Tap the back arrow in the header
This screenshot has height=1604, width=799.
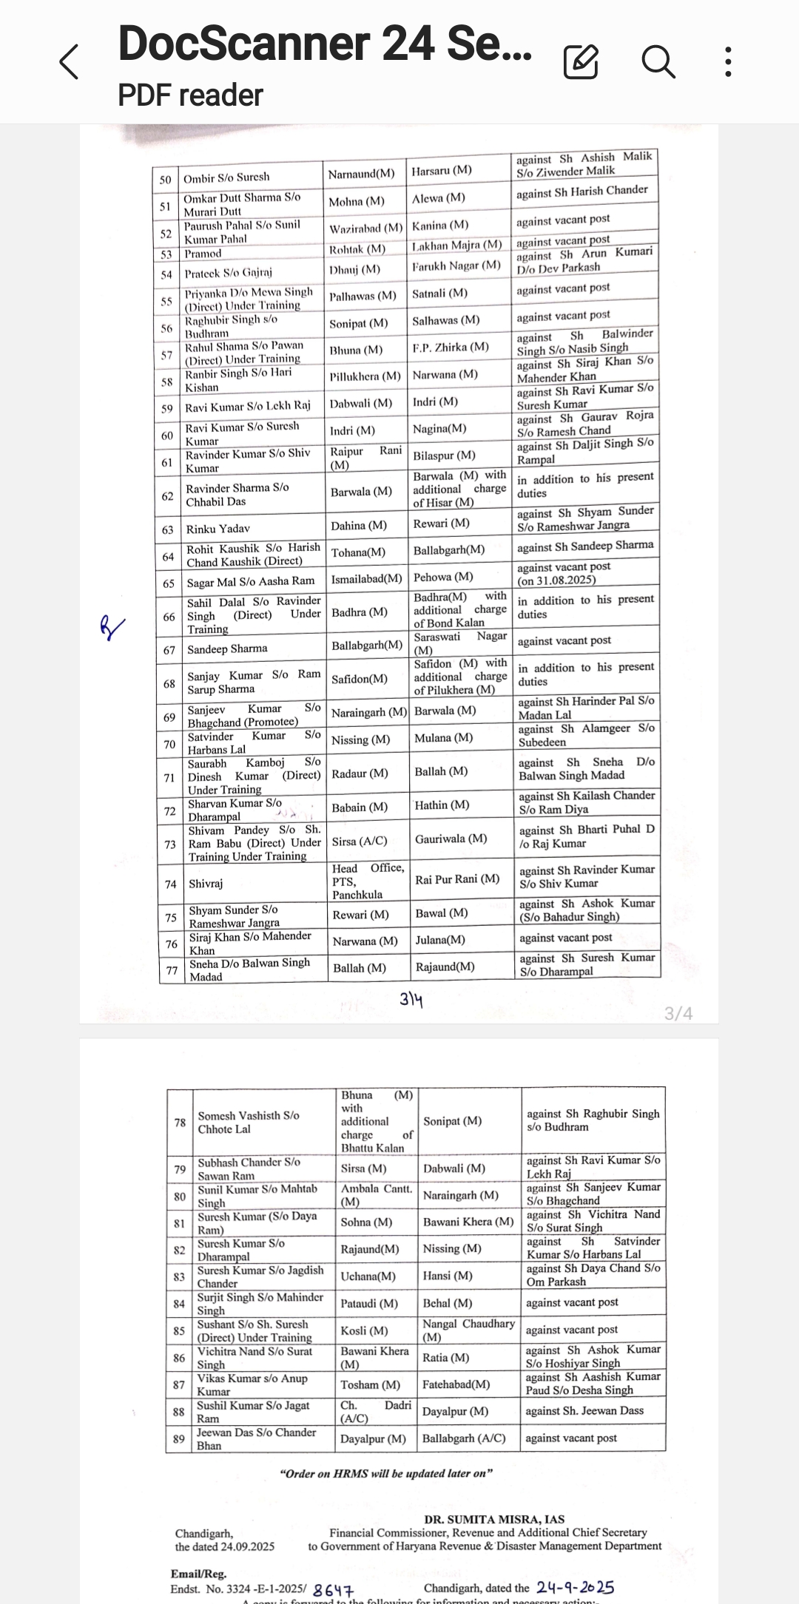[69, 61]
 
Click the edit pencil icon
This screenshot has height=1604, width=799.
[581, 61]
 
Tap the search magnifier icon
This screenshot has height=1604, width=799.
[658, 61]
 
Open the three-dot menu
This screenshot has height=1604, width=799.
[729, 61]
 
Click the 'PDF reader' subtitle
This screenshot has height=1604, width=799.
[190, 95]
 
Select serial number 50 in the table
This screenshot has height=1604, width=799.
[165, 180]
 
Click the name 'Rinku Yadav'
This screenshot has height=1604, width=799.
[218, 529]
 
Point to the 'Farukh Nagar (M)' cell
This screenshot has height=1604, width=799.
[456, 265]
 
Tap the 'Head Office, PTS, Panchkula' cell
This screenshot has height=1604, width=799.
[368, 881]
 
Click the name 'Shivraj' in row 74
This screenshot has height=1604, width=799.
[206, 884]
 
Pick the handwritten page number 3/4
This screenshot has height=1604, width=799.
[411, 1000]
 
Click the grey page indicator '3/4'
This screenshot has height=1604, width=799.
[678, 1013]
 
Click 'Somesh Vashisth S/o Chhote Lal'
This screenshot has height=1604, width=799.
[248, 1122]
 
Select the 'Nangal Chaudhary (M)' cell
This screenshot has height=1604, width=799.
[468, 1330]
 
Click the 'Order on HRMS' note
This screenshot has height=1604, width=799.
[386, 1473]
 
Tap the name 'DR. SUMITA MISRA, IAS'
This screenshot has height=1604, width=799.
[494, 1519]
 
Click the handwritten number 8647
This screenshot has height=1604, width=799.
[334, 1589]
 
